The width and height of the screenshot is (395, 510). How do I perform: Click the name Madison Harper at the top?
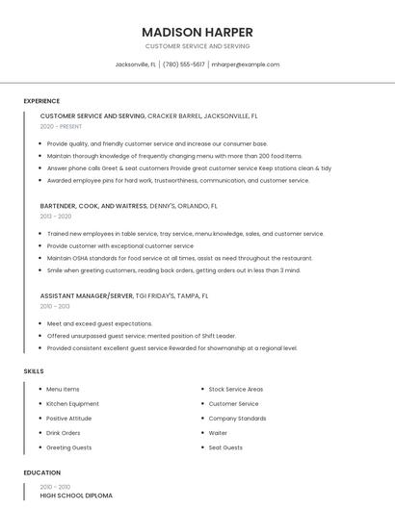tap(197, 31)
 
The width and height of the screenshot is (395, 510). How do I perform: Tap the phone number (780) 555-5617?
tap(183, 64)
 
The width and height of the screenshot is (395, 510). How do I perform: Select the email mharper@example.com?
tap(246, 64)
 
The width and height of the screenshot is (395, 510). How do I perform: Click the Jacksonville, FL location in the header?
tap(136, 64)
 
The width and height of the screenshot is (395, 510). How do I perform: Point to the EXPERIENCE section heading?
tap(41, 101)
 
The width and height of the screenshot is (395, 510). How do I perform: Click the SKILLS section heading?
tap(34, 370)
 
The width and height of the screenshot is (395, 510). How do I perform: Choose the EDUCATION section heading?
tap(41, 472)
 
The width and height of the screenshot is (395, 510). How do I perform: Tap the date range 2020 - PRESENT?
tap(61, 126)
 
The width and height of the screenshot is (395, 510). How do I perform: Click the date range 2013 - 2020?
tap(55, 217)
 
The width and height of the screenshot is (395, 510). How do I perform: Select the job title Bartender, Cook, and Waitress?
tap(93, 206)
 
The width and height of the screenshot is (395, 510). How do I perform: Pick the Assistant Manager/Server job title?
tap(87, 296)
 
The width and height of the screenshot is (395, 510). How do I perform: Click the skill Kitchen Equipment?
tap(72, 404)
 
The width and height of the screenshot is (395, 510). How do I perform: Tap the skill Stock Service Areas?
tap(236, 390)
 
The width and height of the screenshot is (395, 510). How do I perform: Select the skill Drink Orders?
tap(64, 433)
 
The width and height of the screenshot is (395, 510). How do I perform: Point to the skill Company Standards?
tap(237, 419)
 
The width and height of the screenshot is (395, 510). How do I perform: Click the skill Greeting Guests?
tap(69, 447)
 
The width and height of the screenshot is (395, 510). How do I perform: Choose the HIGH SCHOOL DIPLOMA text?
tap(76, 496)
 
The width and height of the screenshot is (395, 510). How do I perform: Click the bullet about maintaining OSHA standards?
tap(179, 258)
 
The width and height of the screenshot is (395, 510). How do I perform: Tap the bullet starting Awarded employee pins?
tap(178, 180)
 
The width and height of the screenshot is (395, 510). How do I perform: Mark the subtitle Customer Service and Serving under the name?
tap(197, 46)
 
